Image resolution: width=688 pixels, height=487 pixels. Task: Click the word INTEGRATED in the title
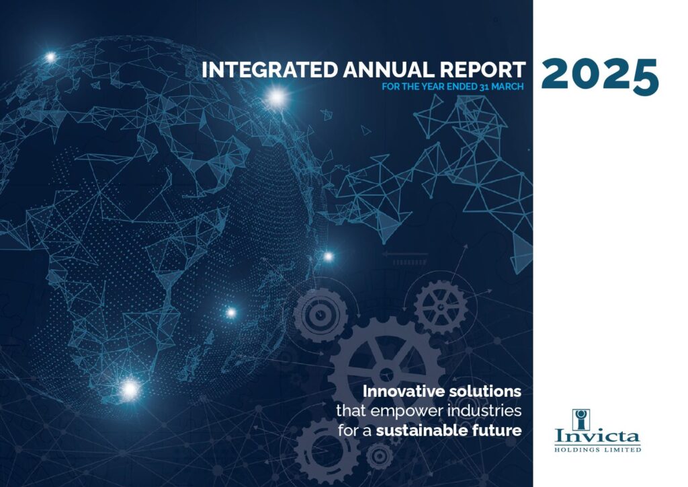(270, 70)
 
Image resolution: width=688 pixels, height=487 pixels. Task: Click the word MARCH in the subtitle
(507, 87)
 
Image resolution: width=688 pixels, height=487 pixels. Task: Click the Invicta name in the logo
(597, 436)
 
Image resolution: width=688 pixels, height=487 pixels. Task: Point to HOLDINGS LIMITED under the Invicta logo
(597, 449)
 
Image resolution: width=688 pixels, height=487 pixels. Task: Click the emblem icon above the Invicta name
(581, 419)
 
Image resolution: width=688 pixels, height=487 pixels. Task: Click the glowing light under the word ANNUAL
(277, 98)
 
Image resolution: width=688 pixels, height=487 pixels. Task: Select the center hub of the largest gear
(386, 375)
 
